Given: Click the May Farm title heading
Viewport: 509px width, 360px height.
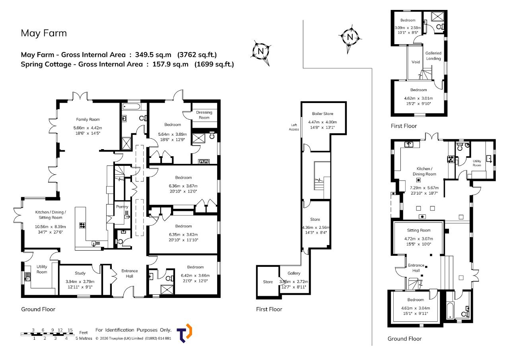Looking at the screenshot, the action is click(44, 33).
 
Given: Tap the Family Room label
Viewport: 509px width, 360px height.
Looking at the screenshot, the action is click(88, 120).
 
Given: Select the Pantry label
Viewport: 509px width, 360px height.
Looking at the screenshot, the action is click(122, 207).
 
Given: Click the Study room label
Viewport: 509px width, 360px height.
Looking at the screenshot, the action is click(80, 273).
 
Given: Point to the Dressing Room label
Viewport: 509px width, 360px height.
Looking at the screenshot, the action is click(204, 115).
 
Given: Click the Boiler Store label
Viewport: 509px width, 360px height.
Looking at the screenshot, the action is click(322, 114).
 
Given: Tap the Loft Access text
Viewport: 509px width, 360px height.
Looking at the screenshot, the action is click(294, 127).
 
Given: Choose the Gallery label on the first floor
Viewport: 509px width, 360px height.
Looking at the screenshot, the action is click(294, 273).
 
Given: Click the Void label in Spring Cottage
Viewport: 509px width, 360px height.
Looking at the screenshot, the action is click(416, 62).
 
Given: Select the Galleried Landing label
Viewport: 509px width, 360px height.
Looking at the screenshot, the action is click(433, 56).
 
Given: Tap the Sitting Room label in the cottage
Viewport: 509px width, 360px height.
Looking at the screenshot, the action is click(419, 230).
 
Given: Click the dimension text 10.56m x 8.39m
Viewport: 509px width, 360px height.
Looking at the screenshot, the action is click(50, 227).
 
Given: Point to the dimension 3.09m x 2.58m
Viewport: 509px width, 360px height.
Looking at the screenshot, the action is click(408, 28).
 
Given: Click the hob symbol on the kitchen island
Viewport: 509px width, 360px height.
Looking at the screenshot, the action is click(82, 226).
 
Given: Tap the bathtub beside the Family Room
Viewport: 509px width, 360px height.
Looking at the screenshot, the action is click(131, 107).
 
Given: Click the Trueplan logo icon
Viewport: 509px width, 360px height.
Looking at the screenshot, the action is click(184, 333).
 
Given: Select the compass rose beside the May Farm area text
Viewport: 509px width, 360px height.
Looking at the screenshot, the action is click(261, 52).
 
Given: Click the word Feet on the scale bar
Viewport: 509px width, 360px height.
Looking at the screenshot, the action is click(84, 333).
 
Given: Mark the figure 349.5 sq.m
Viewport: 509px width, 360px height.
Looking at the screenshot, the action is click(153, 55).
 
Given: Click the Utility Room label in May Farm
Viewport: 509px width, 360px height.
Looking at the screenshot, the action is click(42, 269).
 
